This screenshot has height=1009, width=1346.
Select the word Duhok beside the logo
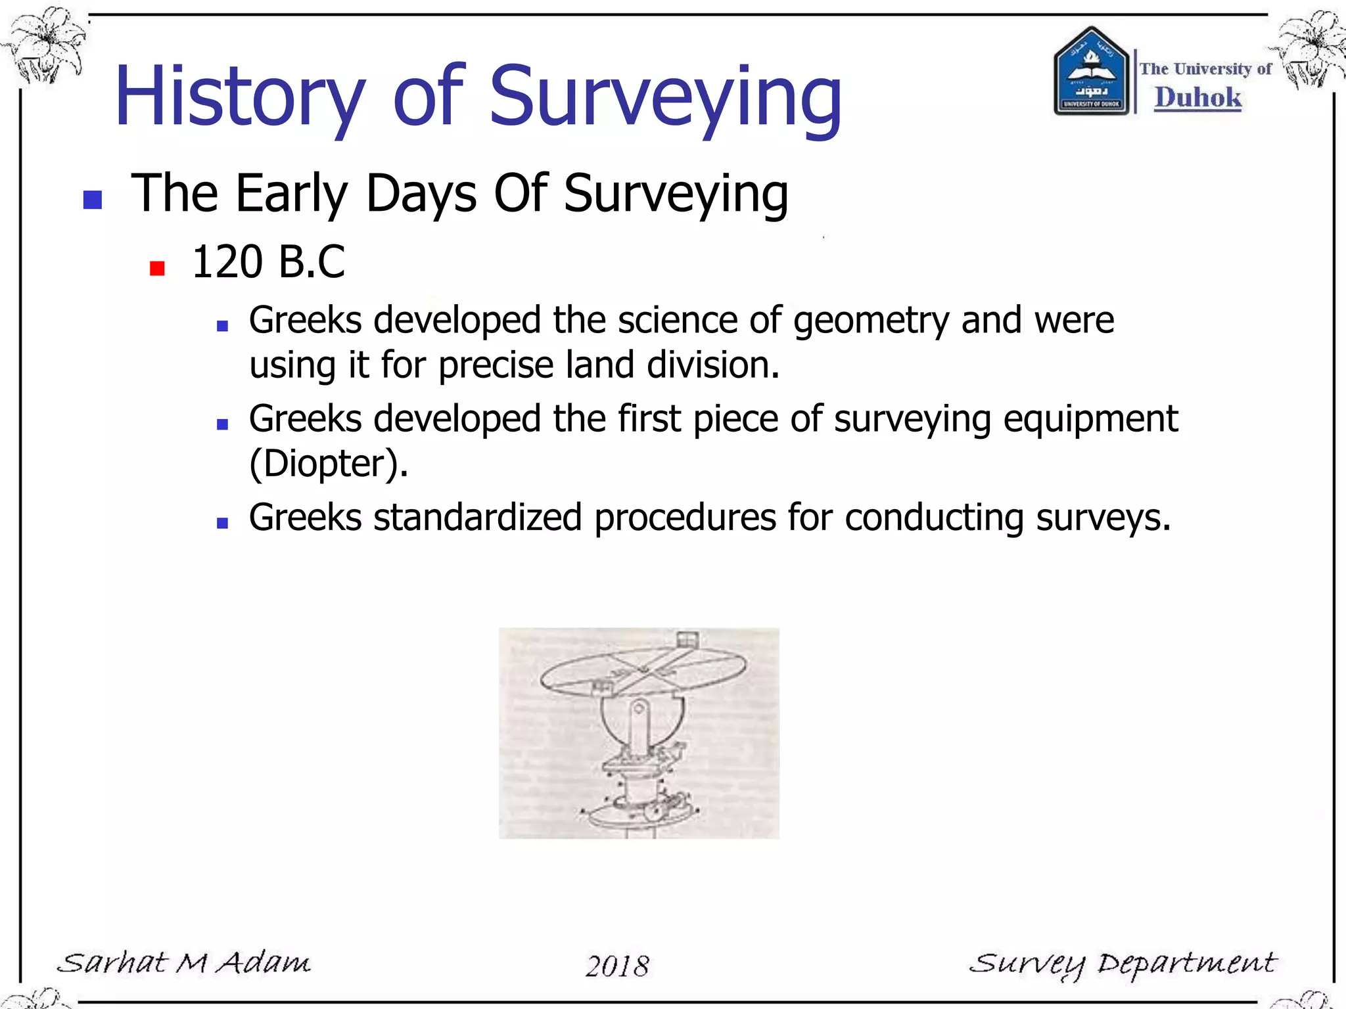tap(1197, 97)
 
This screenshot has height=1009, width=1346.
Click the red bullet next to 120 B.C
tap(157, 268)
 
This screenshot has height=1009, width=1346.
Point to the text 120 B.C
tap(268, 262)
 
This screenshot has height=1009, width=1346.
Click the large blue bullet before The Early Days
tap(93, 200)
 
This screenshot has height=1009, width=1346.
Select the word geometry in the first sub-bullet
tap(871, 321)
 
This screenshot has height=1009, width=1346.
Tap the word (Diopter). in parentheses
tap(329, 463)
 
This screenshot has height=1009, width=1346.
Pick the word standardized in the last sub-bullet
tap(478, 517)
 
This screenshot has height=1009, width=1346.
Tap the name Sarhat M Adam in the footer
tap(183, 963)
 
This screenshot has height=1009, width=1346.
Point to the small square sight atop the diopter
tap(686, 639)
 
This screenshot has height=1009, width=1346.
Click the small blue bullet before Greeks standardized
tap(222, 524)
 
